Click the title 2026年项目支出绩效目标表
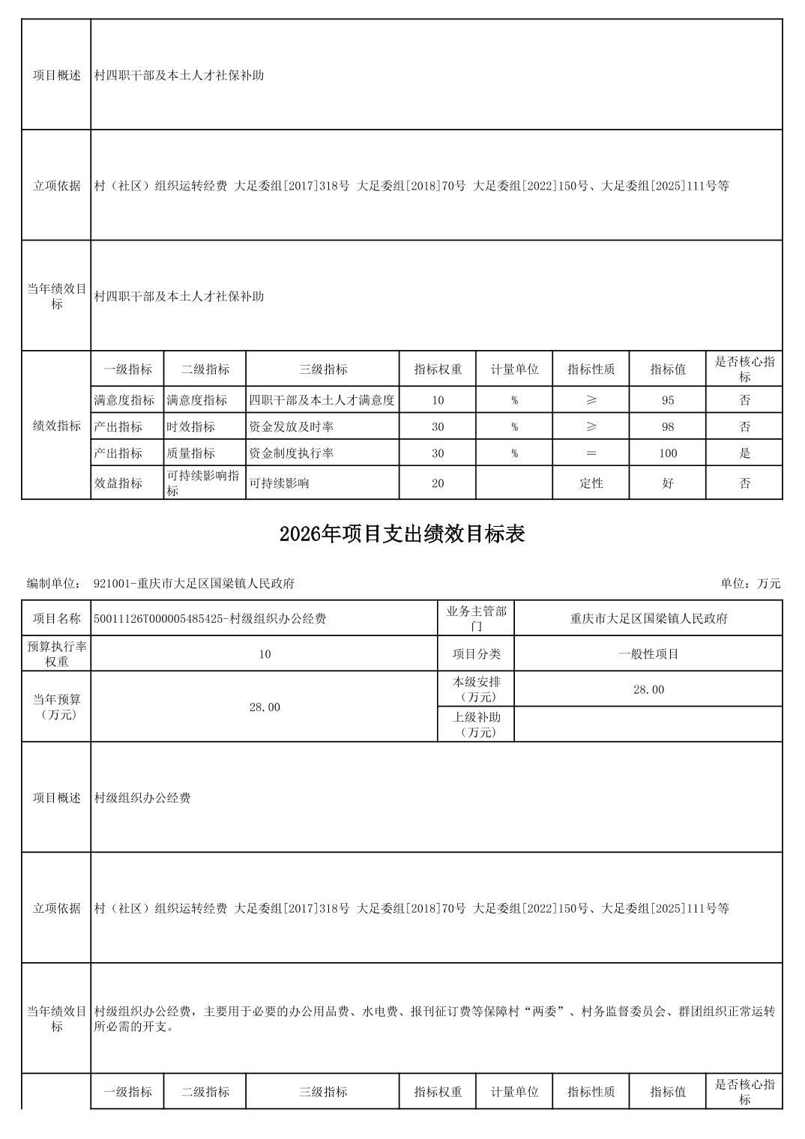[402, 534]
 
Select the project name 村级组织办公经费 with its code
[210, 619]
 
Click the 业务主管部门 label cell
[476, 619]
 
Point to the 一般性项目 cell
[648, 654]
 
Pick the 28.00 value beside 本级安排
[648, 689]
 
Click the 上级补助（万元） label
[476, 725]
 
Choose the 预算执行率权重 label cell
[57, 654]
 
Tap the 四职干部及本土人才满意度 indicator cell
[322, 400]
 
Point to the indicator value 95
[668, 400]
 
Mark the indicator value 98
[668, 427]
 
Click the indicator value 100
[668, 453]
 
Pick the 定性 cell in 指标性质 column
[591, 483]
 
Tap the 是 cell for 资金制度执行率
[744, 453]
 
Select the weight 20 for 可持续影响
[438, 483]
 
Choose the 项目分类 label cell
[476, 654]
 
